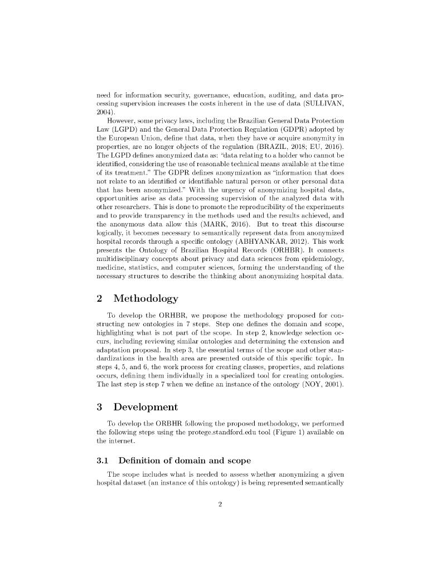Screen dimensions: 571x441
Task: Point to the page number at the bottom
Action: [221, 505]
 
